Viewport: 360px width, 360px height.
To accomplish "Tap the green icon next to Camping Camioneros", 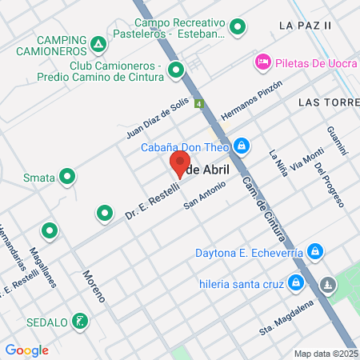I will click(x=98, y=44).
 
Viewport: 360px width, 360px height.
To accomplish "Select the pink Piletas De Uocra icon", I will click(x=262, y=62).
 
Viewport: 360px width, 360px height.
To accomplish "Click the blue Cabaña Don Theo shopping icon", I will click(x=241, y=146).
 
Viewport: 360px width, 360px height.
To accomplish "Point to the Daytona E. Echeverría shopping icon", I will click(x=316, y=252).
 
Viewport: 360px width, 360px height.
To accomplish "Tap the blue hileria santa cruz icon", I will click(x=296, y=282).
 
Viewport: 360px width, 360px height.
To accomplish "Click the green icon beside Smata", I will click(x=68, y=177).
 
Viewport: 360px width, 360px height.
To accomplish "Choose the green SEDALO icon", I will click(x=78, y=322).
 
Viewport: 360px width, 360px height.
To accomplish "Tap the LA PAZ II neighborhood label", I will click(x=305, y=26).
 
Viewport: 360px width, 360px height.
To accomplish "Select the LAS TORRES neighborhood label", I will click(x=328, y=102).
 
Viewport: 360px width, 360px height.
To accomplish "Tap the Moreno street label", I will click(x=94, y=285).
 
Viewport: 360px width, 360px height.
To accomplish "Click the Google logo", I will click(x=26, y=350).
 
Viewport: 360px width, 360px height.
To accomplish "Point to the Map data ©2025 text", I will click(x=326, y=354).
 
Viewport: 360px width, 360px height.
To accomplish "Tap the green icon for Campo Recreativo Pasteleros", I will click(x=237, y=29).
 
